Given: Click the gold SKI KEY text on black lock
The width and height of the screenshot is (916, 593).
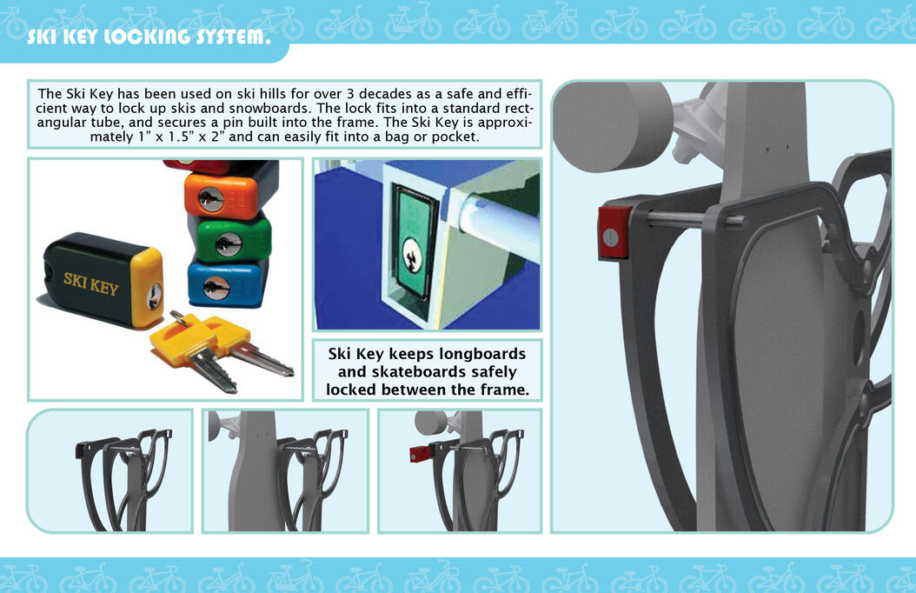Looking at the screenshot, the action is coord(91,283).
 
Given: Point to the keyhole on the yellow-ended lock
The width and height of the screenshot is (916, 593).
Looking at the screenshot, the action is coord(154,296).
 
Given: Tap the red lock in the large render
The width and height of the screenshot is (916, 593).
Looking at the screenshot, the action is coord(614,232).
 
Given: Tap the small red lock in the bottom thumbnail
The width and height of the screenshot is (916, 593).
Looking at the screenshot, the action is coord(420,453).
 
